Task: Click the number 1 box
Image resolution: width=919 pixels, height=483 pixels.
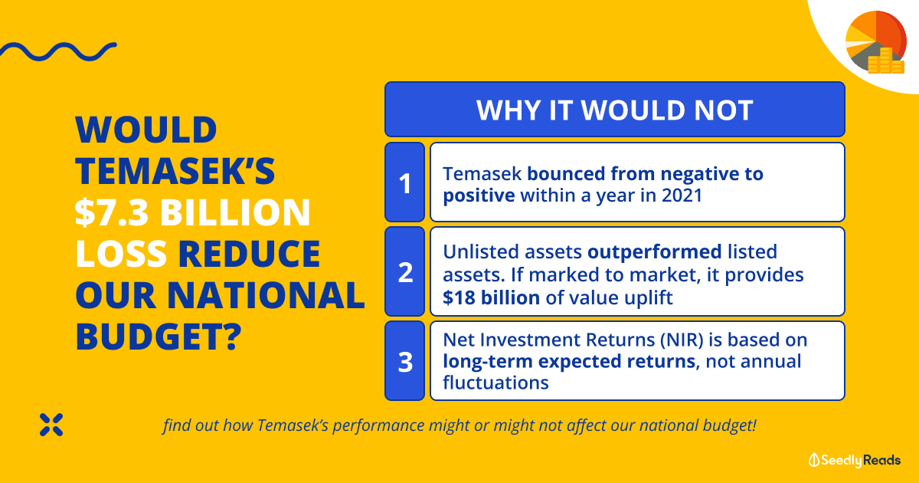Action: tap(404, 182)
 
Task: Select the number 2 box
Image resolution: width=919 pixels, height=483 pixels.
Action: tap(404, 271)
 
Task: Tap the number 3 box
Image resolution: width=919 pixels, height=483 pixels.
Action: tap(404, 361)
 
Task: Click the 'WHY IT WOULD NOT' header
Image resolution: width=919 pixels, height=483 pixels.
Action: tap(614, 109)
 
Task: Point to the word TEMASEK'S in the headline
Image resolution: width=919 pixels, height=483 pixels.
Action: tap(175, 170)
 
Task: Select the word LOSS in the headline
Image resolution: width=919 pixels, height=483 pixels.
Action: tap(121, 254)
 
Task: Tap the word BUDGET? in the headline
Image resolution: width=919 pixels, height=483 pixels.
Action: tap(159, 337)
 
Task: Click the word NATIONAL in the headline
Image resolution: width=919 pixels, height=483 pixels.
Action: tap(266, 295)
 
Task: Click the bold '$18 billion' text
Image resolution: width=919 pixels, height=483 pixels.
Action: tap(491, 297)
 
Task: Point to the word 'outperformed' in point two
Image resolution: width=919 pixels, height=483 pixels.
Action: tap(654, 251)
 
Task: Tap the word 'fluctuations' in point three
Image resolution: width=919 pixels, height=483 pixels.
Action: tap(495, 383)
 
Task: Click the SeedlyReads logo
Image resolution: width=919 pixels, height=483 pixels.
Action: tap(855, 460)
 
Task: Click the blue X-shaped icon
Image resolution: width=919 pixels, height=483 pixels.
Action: tap(51, 425)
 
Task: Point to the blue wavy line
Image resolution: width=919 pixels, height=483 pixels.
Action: tap(58, 52)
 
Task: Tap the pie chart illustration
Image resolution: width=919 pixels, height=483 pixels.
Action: tap(876, 41)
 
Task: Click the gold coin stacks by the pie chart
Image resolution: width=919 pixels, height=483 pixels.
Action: tap(886, 61)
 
